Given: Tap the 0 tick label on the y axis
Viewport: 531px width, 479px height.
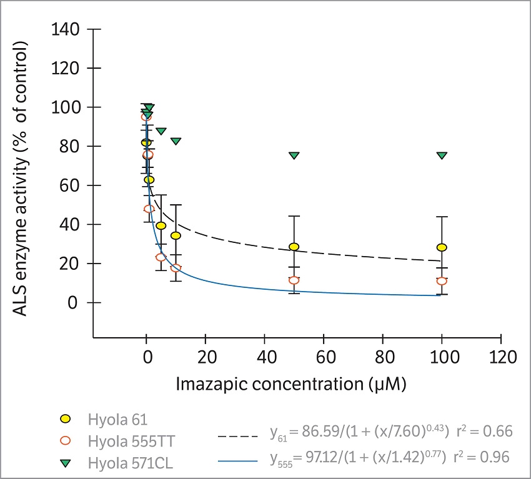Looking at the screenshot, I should point(81,303).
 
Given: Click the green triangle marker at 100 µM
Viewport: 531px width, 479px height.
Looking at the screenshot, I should point(442,155).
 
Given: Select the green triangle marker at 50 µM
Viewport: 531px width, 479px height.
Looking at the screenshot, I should point(294,155).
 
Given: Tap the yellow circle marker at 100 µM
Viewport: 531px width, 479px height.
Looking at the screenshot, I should point(442,247).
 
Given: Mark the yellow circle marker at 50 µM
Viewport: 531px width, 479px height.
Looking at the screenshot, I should point(294,247).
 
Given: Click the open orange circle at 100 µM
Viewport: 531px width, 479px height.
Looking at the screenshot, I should point(442,281).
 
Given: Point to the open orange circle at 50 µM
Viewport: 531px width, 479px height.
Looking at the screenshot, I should point(294,280).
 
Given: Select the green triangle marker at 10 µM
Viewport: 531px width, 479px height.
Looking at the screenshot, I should point(176,141).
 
